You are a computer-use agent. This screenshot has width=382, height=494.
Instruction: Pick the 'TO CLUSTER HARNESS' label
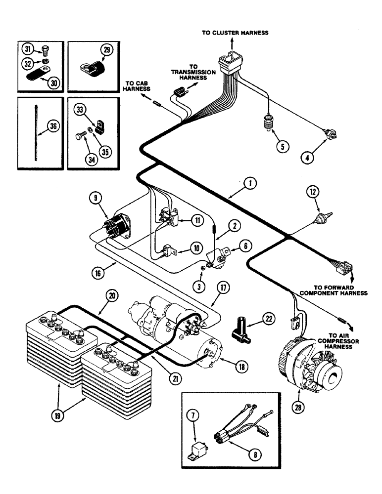pyautogui.click(x=235, y=33)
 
